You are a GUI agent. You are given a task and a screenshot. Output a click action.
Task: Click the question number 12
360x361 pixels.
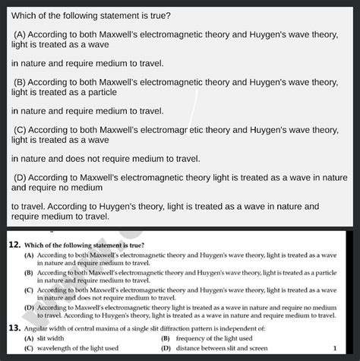pyautogui.click(x=14, y=245)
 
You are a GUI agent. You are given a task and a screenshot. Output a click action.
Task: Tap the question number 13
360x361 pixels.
pyautogui.click(x=14, y=328)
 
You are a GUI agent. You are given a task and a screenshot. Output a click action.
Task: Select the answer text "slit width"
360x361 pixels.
pyautogui.click(x=51, y=337)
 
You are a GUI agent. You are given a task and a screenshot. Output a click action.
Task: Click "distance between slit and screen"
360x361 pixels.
pyautogui.click(x=215, y=347)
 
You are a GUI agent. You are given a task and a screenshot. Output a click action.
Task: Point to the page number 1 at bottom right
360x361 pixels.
pyautogui.click(x=334, y=347)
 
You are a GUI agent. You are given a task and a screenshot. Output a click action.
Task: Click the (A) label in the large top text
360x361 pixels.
pyautogui.click(x=22, y=34)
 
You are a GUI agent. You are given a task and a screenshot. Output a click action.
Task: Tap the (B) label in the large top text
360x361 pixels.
pyautogui.click(x=22, y=81)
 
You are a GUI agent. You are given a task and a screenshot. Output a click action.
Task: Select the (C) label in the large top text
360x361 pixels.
pyautogui.click(x=22, y=129)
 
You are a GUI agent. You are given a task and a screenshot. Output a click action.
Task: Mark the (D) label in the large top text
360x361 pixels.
pyautogui.click(x=22, y=177)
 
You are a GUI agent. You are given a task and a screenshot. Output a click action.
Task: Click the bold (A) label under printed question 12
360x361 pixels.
pyautogui.click(x=29, y=255)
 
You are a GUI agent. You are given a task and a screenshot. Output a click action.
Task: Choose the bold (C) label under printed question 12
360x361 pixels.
pyautogui.click(x=29, y=290)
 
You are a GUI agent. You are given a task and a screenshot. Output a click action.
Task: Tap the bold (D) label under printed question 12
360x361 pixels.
pyautogui.click(x=29, y=307)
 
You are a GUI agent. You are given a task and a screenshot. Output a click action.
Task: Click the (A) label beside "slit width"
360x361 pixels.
pyautogui.click(x=29, y=337)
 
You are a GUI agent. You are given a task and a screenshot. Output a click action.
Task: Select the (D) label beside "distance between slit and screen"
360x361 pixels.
pyautogui.click(x=166, y=347)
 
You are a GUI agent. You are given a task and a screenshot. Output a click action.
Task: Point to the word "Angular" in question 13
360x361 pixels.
pyautogui.click(x=39, y=328)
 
